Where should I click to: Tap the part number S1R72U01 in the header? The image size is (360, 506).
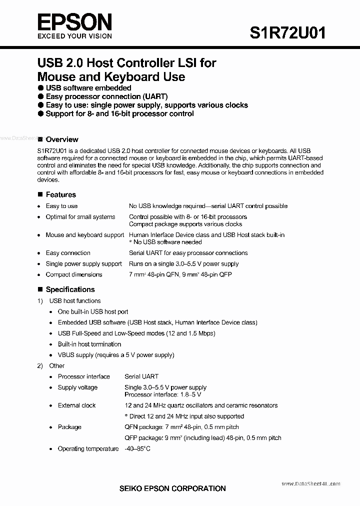287,32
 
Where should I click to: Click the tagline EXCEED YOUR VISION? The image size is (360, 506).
74,36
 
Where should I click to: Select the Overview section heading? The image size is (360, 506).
61,139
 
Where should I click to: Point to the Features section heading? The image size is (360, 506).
60,194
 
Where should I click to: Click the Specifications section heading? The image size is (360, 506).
70,289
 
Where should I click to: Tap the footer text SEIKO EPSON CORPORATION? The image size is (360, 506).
172,488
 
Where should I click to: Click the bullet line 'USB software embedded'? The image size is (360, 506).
88,88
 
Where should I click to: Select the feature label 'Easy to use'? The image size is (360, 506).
61,206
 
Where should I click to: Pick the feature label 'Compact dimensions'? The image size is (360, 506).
73,274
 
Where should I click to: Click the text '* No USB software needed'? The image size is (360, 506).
165,242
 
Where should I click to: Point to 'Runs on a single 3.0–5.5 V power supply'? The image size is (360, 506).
183,263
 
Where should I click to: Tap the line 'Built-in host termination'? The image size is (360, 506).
89,344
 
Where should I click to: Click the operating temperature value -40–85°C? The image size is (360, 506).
137,448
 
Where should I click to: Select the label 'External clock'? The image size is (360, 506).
76,405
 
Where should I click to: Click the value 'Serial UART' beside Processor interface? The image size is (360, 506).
141,376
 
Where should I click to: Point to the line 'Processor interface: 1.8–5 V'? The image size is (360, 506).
163,394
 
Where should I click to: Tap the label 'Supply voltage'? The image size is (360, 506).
77,387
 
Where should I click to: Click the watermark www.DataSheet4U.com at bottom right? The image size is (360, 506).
310,483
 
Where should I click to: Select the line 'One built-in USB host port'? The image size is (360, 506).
93,311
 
